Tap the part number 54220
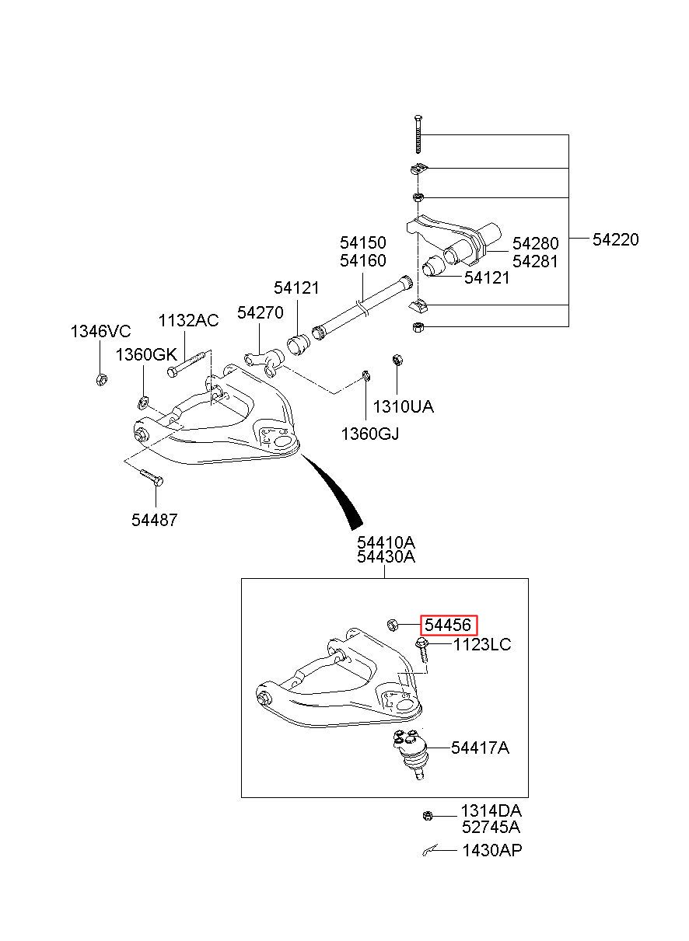click(615, 239)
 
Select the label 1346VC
click(100, 332)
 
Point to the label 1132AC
click(189, 320)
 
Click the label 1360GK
click(146, 355)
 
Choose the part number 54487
click(155, 520)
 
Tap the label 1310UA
click(403, 406)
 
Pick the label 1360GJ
click(370, 434)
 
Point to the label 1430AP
click(491, 851)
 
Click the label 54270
click(261, 312)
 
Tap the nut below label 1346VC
click(101, 379)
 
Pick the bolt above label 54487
click(151, 478)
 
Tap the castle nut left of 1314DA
click(427, 816)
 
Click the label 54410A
click(386, 542)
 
